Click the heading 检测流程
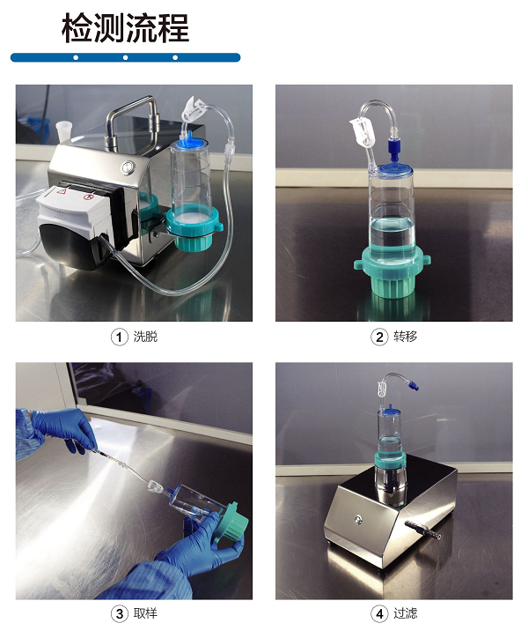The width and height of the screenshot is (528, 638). coord(125,28)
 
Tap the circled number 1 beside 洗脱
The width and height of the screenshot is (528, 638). coord(119,338)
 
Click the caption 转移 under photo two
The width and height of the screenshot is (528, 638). coord(406,337)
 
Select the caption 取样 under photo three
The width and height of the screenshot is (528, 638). coord(145,612)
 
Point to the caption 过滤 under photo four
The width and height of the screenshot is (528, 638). coord(406,612)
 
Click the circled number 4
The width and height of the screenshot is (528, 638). coord(379,613)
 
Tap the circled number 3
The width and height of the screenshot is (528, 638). coord(119,613)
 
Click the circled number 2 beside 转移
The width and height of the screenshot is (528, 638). coord(379,338)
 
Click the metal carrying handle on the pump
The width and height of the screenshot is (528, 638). coord(132,118)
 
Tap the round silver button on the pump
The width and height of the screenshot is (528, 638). coord(128,167)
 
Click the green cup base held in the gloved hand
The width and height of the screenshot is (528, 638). coord(229,523)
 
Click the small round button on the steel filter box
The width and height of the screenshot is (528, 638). coord(357,519)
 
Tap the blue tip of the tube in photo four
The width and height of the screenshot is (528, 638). coord(414,384)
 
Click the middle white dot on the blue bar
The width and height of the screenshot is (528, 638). coord(125,57)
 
